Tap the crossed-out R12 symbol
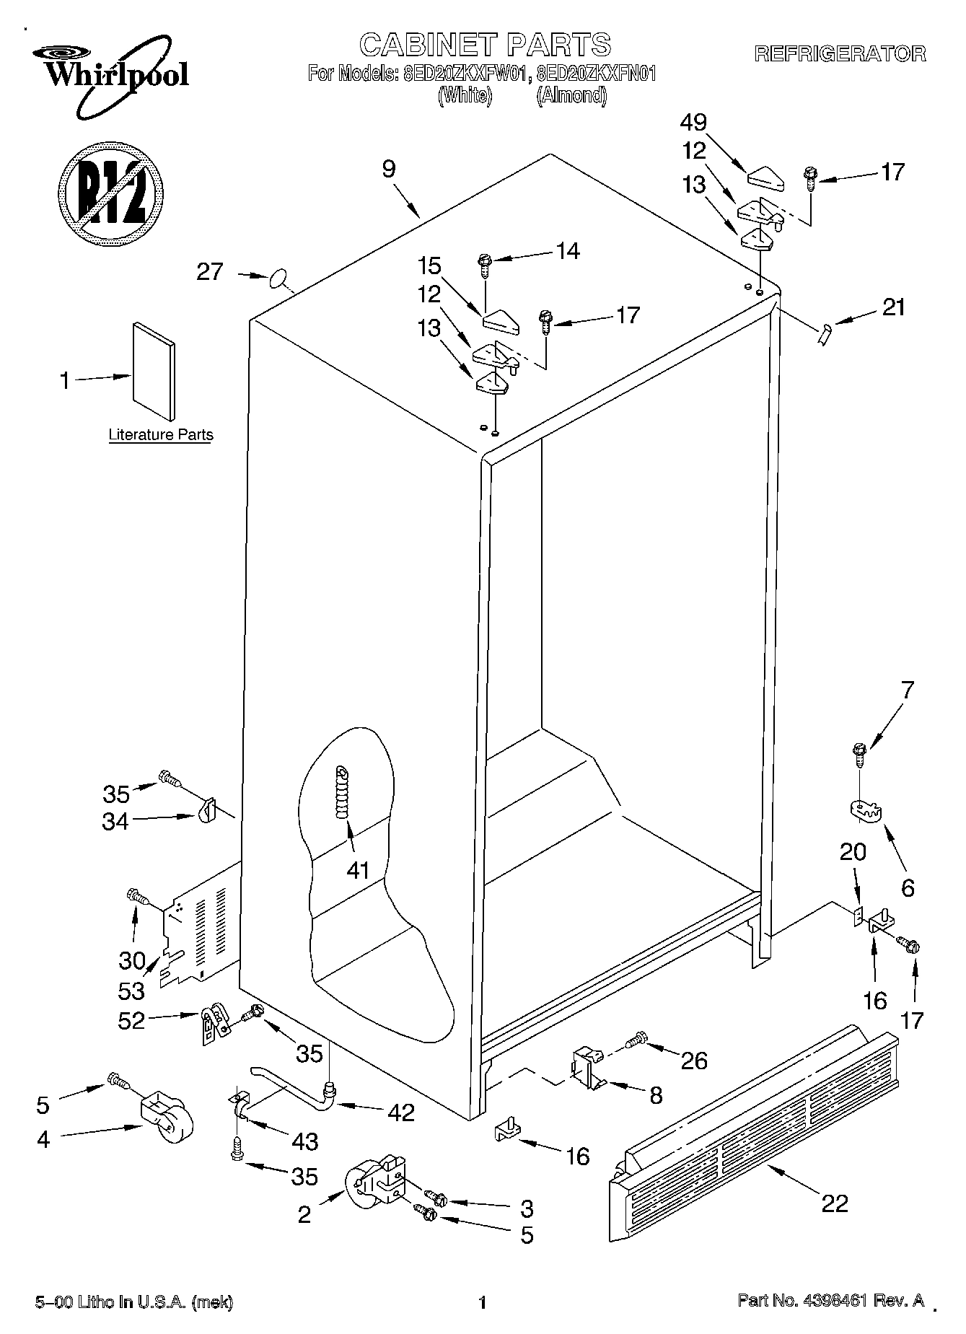[x=110, y=190]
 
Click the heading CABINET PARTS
[x=485, y=45]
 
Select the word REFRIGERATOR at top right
[x=840, y=53]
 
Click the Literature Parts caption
[x=160, y=435]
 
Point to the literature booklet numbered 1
[x=153, y=371]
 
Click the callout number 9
[x=389, y=170]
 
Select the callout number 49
[x=693, y=123]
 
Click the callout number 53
[x=132, y=991]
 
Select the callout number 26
[x=693, y=1060]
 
